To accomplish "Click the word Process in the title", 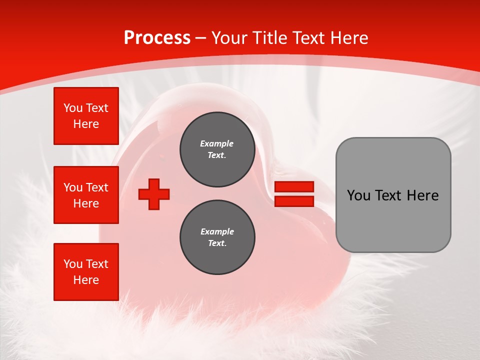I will (x=157, y=38).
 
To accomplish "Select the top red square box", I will (x=86, y=116).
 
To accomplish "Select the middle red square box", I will (x=86, y=195).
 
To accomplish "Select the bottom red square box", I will (x=86, y=271).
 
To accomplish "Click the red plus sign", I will (x=154, y=194).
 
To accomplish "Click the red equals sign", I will (x=294, y=194).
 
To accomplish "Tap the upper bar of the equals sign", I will (x=294, y=186).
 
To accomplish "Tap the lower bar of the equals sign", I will (x=294, y=201).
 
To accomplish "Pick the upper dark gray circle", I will (x=217, y=149).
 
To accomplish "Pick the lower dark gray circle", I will (x=217, y=237).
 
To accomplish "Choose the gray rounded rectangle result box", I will (x=393, y=194).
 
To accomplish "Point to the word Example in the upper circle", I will (x=217, y=143).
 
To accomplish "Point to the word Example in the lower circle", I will (x=217, y=231).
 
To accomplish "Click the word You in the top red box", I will (x=73, y=108).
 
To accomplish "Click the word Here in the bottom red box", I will (x=86, y=280).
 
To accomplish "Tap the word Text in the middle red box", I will (x=97, y=187).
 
